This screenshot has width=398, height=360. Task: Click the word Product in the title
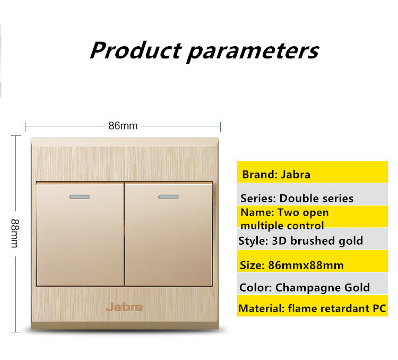[x=136, y=50]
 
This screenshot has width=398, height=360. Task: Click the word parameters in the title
[x=253, y=52]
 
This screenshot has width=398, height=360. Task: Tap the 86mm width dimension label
[x=123, y=126]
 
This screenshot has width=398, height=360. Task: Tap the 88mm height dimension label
[x=15, y=233]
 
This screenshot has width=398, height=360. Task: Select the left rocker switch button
[x=80, y=234]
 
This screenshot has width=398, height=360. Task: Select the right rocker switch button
[x=168, y=234]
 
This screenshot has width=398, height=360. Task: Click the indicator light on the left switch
[x=80, y=196]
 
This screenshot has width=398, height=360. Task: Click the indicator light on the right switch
[x=168, y=196]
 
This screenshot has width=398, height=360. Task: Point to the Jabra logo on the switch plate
[x=124, y=307]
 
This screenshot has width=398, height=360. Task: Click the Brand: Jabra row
[x=313, y=172]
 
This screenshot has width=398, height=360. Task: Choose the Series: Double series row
[x=313, y=194]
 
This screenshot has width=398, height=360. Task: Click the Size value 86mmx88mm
[x=306, y=265]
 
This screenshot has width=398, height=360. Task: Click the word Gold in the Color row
[x=357, y=287]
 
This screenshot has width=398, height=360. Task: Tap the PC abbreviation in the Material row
[x=379, y=308]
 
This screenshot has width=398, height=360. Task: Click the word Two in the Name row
[x=288, y=212]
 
